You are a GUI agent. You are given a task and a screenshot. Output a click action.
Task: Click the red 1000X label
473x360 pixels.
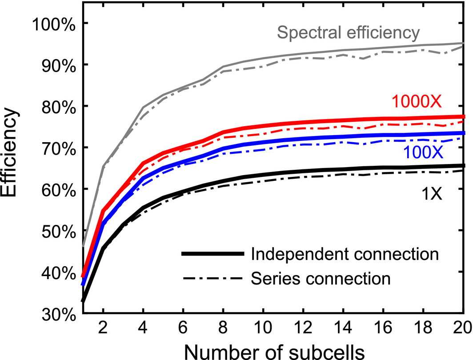point(417,102)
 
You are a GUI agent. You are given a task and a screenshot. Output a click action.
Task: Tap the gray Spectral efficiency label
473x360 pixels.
point(348,32)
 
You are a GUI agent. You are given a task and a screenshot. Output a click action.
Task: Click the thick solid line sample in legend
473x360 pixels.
point(212,254)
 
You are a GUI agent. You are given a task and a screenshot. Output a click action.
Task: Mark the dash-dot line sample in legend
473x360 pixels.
point(212,279)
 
